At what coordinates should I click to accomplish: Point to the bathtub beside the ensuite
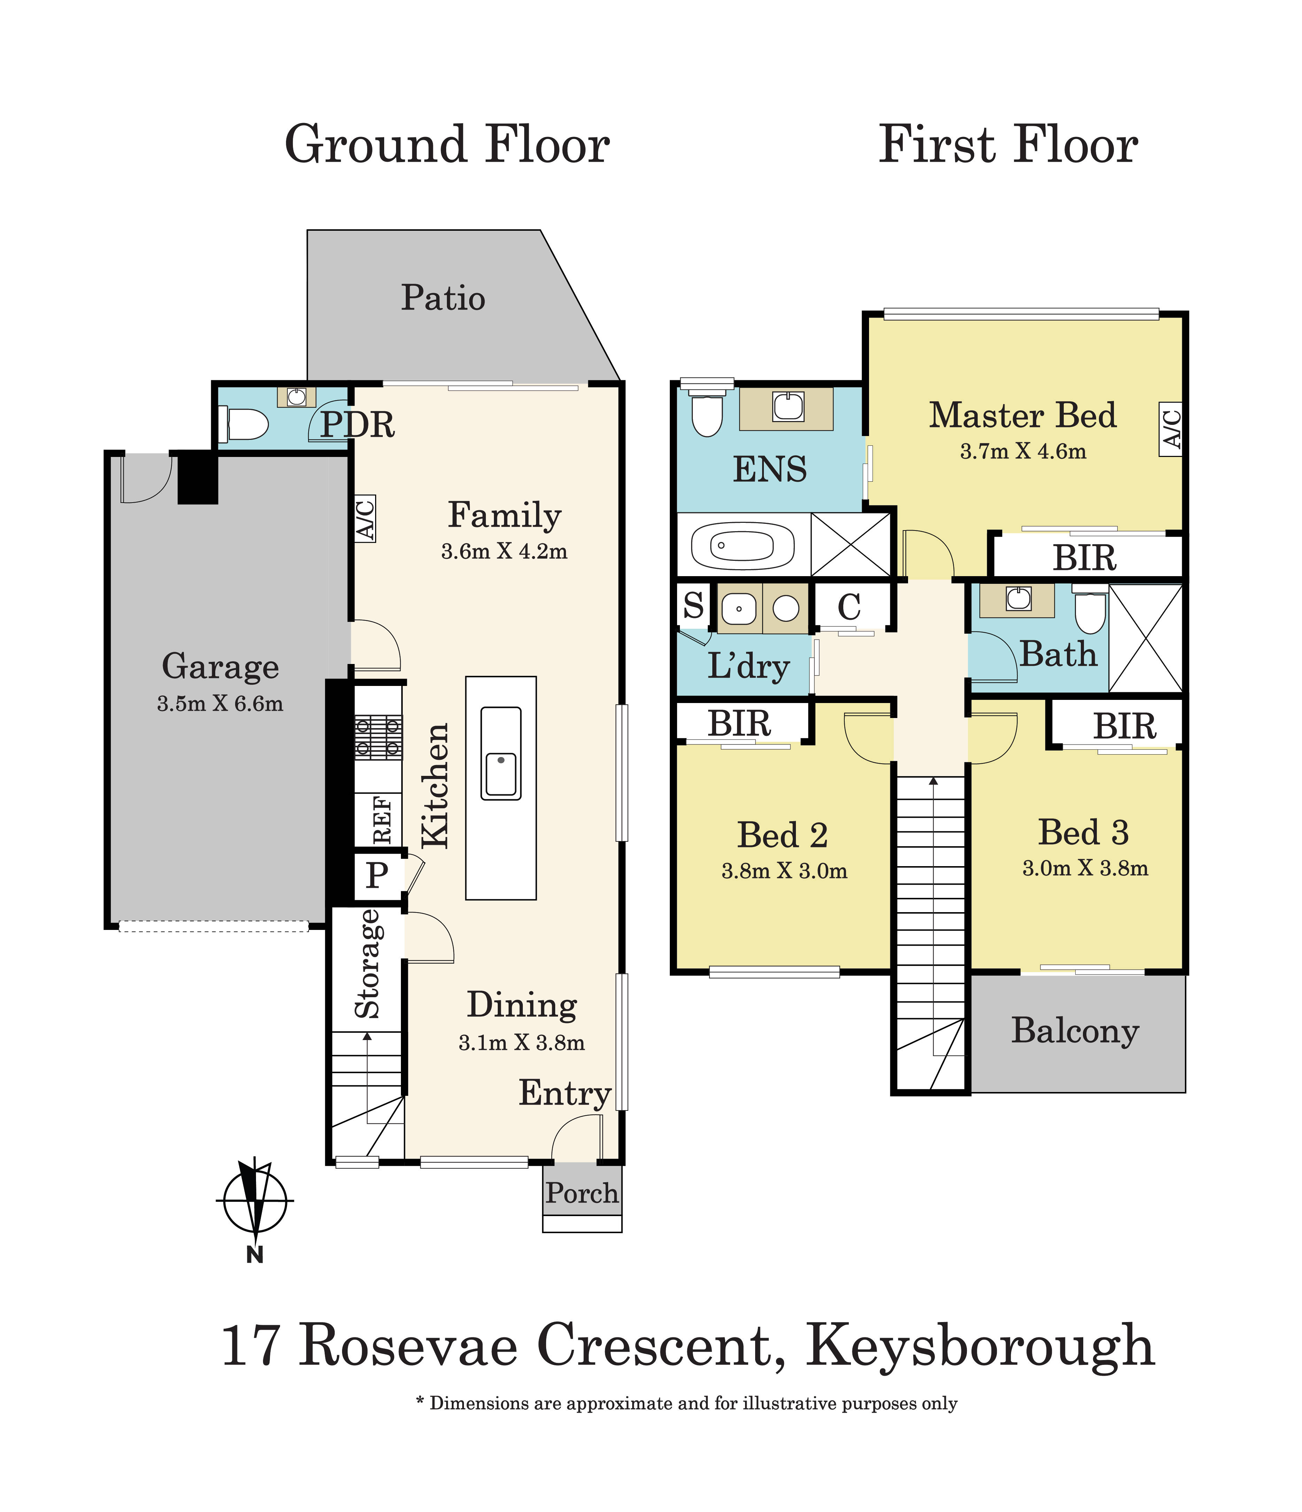(742, 545)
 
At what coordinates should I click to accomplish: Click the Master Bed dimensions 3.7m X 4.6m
(1023, 452)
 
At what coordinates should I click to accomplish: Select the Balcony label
(1075, 1030)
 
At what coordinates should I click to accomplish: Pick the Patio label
(443, 298)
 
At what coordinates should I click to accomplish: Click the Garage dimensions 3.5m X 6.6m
(219, 703)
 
